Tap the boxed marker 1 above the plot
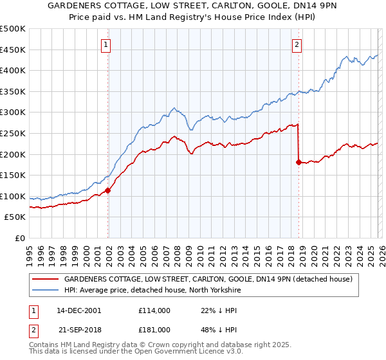pyautogui.click(x=106, y=45)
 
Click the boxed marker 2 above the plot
pyautogui.click(x=297, y=45)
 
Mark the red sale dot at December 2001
pyautogui.click(x=108, y=190)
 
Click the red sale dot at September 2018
pyautogui.click(x=299, y=162)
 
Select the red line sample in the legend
pyautogui.click(x=45, y=280)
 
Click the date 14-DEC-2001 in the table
pyautogui.click(x=79, y=310)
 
